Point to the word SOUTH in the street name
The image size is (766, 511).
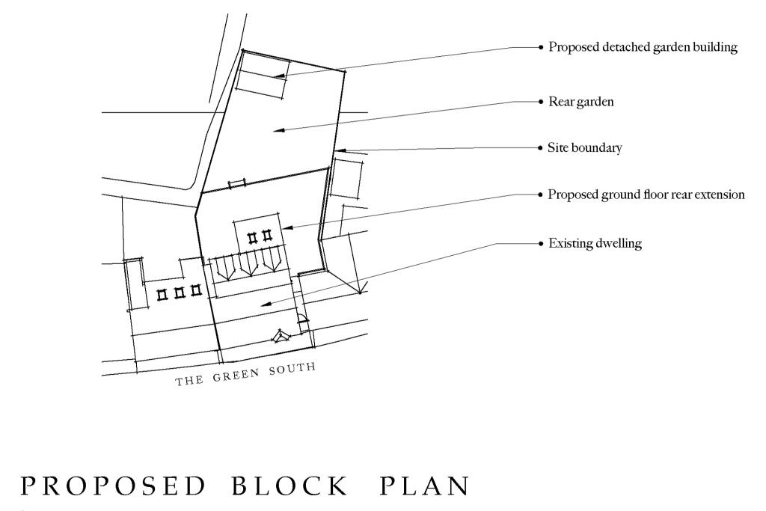294,369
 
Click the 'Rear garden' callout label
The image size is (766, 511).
581,102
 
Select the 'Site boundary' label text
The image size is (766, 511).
585,148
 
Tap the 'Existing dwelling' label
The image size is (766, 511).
595,244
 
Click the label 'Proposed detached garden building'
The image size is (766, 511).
643,47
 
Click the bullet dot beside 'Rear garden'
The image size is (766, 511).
541,102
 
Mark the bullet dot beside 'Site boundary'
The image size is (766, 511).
541,148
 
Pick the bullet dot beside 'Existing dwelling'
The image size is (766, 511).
541,244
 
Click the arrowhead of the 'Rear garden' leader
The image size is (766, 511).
277,131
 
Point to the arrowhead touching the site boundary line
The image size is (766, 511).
339,150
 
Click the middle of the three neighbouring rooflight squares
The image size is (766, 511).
179,292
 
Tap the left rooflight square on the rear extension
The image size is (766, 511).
253,237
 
